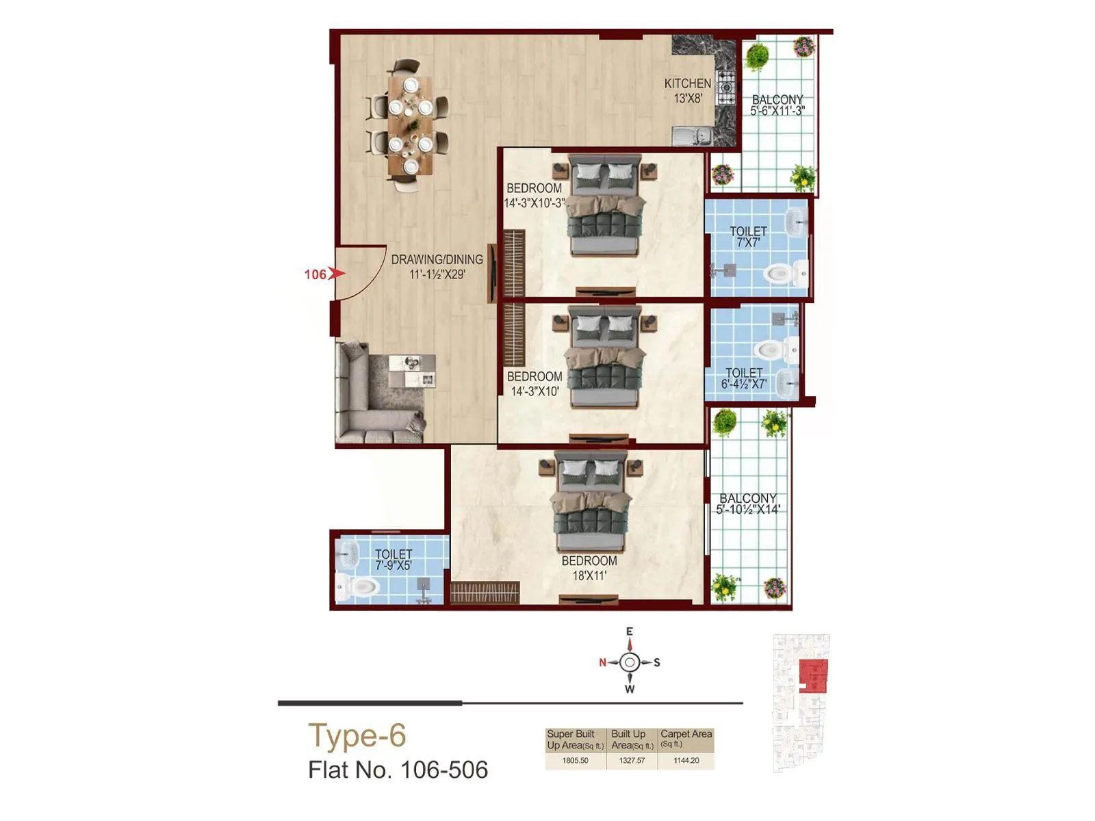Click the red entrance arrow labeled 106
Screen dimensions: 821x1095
click(x=335, y=274)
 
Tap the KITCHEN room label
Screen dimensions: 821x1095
click(x=687, y=83)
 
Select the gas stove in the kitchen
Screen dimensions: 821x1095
click(x=726, y=87)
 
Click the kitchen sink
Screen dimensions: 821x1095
click(x=693, y=136)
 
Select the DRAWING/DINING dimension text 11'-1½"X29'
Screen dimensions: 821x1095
click(x=437, y=274)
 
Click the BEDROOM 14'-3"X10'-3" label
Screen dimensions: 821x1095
click(x=534, y=195)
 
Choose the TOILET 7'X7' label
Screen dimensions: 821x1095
click(x=748, y=236)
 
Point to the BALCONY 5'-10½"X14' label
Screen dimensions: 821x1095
click(x=747, y=504)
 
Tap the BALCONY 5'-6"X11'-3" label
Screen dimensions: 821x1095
click(x=777, y=105)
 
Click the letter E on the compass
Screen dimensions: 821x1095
click(x=630, y=631)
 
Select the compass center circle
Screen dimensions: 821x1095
click(x=630, y=662)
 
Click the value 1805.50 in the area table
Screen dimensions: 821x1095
click(x=575, y=760)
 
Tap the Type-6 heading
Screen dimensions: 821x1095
click(x=357, y=736)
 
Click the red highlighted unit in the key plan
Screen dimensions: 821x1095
click(x=813, y=677)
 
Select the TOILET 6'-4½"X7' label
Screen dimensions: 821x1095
click(x=744, y=378)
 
